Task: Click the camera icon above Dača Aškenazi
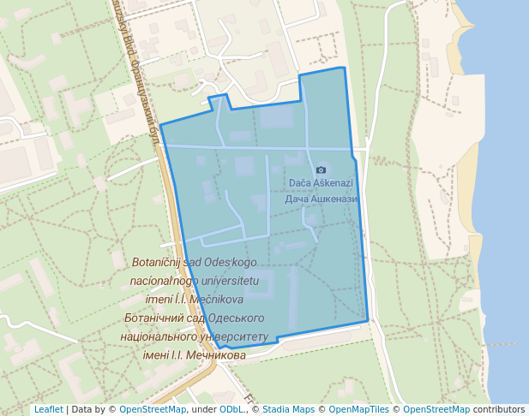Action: [322, 170]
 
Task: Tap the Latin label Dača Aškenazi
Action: [321, 183]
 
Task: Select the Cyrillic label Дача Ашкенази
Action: [321, 199]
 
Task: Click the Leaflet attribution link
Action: [48, 410]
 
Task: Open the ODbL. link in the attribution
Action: [232, 410]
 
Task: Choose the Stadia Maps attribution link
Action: [288, 410]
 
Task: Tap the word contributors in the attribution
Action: [499, 410]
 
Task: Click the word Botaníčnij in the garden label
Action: [160, 263]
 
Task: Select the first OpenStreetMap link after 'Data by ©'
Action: [153, 410]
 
